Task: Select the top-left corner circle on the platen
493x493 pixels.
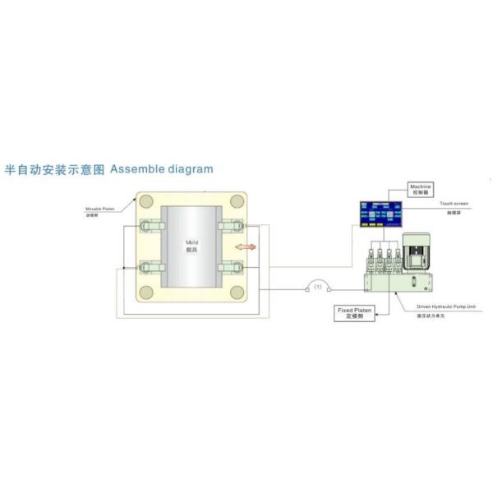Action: click(146, 201)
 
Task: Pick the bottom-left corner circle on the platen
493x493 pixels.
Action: click(146, 293)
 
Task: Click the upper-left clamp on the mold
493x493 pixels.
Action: click(150, 227)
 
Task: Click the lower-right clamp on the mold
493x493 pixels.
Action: click(231, 266)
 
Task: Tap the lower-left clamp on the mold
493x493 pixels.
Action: click(150, 266)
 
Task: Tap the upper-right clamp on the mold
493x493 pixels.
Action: click(231, 227)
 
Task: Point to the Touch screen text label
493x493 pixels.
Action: click(453, 202)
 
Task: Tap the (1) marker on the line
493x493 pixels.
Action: click(316, 288)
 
